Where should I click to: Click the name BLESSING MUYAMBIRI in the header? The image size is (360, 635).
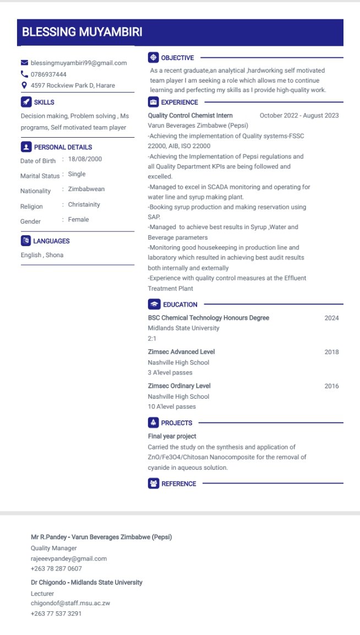pos(82,32)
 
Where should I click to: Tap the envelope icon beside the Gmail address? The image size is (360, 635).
pos(24,63)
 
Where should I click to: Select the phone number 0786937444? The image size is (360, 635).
pos(48,74)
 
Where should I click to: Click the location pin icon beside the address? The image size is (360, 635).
pos(24,85)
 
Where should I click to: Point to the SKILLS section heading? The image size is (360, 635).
pos(44,102)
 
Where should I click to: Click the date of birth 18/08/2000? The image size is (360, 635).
pos(85,159)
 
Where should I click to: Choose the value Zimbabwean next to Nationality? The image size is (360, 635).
pos(86,189)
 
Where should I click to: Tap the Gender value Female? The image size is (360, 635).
pos(78,219)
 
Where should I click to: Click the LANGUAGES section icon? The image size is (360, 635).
pos(25,241)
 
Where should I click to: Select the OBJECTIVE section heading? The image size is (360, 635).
pos(177,58)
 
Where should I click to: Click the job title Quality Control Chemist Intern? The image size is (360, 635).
pos(190,116)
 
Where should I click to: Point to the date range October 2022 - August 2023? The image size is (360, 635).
pos(299,116)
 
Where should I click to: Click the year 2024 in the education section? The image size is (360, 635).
pos(331,318)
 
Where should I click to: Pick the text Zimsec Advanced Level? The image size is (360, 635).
pos(181,352)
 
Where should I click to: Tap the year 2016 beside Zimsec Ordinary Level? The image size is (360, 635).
pos(331,386)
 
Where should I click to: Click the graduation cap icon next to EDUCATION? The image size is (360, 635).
pos(154,305)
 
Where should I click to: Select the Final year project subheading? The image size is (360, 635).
pos(172,436)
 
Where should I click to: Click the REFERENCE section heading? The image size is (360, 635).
pos(178,484)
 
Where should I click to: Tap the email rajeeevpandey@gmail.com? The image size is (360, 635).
pos(69,558)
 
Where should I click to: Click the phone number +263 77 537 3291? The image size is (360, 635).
pos(56,614)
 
